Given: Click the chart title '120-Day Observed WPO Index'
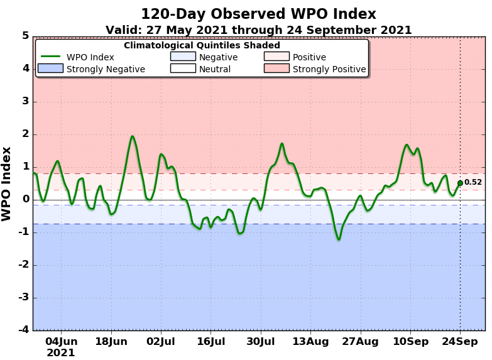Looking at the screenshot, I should (258, 14).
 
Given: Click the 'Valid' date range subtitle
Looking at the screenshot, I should (258, 30).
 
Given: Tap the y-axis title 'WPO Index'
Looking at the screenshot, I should (7, 183).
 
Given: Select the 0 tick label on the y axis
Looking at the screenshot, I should (25, 200).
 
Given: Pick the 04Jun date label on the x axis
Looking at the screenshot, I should (61, 341).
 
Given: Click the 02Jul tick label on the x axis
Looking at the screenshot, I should (160, 341).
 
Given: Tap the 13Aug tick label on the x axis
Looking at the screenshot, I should (310, 341).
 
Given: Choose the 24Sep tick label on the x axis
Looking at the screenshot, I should (460, 341).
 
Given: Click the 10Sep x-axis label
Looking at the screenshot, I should (410, 341).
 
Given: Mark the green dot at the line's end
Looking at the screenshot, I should (460, 183).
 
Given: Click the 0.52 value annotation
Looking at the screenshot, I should (473, 183).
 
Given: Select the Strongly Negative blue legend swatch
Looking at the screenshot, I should (50, 68).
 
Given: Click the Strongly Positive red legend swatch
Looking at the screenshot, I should (276, 68).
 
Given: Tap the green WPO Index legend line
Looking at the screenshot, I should (50, 57).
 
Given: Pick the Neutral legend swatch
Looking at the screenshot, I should (183, 68).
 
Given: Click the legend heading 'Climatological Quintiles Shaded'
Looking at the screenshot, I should (202, 45).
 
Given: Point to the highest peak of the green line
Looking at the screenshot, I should (133, 136).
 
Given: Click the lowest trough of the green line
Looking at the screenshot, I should (338, 239).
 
